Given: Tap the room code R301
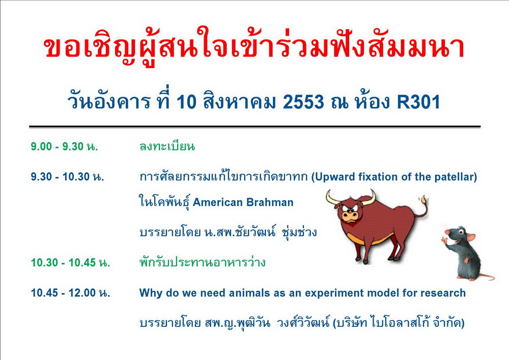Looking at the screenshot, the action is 418,102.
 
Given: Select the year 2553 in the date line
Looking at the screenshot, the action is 303,102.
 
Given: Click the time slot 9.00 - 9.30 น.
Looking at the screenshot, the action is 64,147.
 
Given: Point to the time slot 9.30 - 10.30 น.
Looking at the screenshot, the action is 68,177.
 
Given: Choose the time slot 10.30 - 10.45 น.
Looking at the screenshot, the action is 70,262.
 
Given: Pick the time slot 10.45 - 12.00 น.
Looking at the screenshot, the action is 70,293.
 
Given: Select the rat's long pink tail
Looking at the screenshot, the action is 486,276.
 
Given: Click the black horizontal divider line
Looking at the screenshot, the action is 255,127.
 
